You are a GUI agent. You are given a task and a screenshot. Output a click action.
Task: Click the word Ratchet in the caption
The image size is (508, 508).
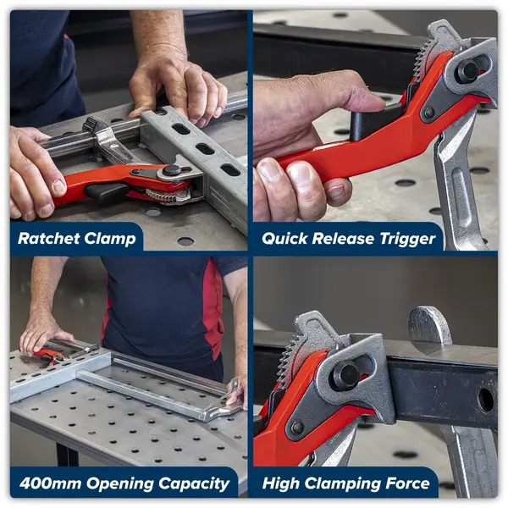[x=48, y=239]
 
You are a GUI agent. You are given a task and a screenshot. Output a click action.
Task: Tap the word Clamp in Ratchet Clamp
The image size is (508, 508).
[x=110, y=240]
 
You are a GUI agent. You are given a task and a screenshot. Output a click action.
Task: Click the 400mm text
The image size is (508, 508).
[x=50, y=483]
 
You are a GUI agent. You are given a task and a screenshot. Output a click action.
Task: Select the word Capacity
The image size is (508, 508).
[x=194, y=484]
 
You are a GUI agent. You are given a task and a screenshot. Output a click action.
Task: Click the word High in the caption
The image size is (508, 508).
[x=280, y=484]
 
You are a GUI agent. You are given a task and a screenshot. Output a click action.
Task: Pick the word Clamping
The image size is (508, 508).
[x=342, y=484]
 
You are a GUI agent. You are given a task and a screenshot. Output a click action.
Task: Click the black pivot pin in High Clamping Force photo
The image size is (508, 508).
[x=346, y=375]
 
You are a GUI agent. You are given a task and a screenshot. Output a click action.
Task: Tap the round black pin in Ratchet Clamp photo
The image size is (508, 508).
[x=172, y=170]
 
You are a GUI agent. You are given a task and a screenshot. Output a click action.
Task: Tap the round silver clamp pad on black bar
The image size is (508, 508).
[x=429, y=326]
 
